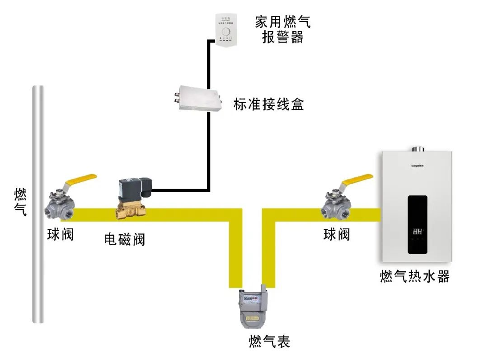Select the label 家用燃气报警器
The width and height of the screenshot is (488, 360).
click(x=282, y=29)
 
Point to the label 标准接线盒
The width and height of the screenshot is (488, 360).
click(x=268, y=104)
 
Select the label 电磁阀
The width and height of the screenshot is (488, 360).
click(x=125, y=239)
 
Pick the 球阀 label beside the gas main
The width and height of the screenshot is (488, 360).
click(x=61, y=235)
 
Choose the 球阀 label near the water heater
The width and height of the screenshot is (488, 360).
click(x=337, y=234)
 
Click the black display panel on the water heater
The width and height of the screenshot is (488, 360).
click(x=417, y=224)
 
